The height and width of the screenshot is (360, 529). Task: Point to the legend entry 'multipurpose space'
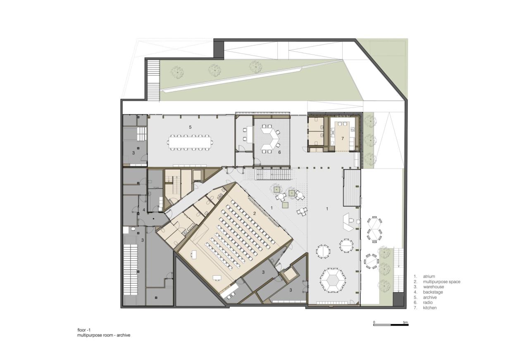(441, 281)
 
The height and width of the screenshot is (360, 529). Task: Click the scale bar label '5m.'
(405, 322)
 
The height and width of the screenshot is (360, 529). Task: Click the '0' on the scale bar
(374, 322)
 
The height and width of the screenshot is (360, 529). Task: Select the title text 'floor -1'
(84, 330)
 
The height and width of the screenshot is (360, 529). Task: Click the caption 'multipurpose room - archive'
(103, 335)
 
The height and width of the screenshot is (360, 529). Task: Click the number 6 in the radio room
(279, 153)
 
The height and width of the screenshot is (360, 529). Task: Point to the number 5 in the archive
(190, 127)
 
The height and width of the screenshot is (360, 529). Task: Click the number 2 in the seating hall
(255, 214)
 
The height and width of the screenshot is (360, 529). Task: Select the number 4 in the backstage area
(144, 210)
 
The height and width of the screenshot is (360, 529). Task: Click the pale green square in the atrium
(285, 205)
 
